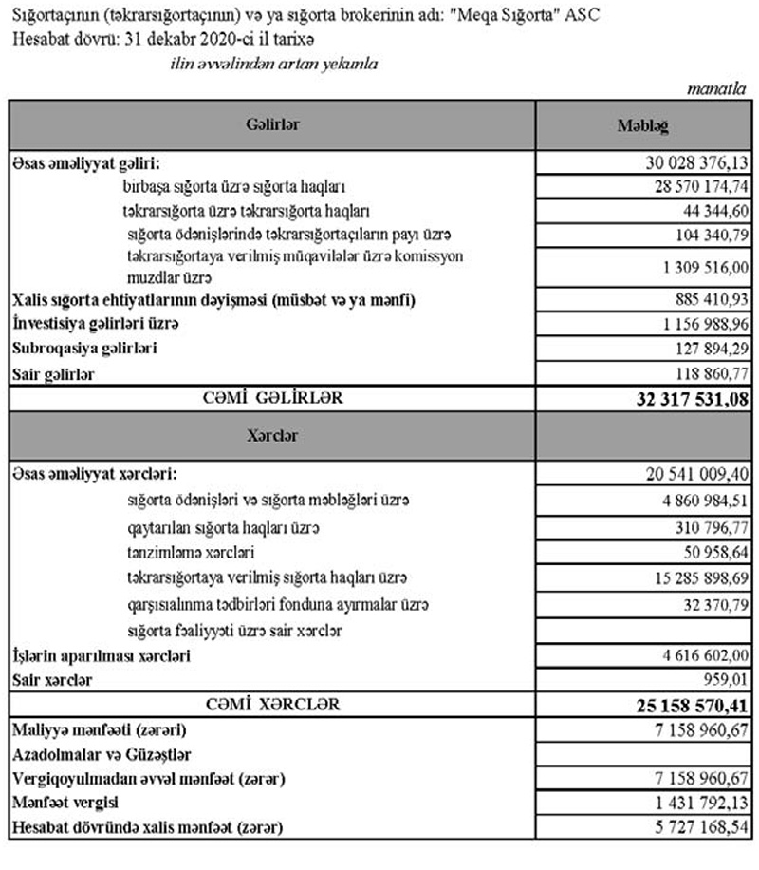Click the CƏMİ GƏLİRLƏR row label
tap(275, 399)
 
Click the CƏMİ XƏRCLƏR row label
tap(273, 706)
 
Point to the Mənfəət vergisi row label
tap(59, 804)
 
